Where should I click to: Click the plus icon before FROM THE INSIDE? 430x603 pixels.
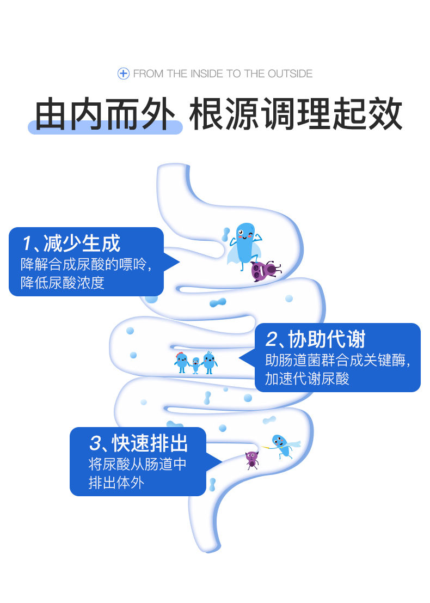pos(124,74)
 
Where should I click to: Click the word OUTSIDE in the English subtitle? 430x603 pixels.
pos(290,74)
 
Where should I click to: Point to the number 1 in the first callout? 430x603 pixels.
pos(27,243)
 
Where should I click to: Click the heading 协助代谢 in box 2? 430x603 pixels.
pos(327,339)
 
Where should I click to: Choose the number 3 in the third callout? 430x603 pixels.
pos(95,443)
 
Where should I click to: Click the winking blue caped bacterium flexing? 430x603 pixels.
pos(244,245)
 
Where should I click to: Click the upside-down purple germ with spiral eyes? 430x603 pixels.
pos(265,270)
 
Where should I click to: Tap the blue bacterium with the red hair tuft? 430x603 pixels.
pos(181,362)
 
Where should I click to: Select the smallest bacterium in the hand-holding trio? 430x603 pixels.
pos(195,365)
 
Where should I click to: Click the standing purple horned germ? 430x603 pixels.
pos(251,459)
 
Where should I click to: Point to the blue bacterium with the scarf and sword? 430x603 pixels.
pos(282,445)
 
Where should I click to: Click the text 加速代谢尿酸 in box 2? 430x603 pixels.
pos(307,379)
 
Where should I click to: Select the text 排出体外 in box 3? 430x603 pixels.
pos(116,483)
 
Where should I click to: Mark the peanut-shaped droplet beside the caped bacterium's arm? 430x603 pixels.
pos(226,234)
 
